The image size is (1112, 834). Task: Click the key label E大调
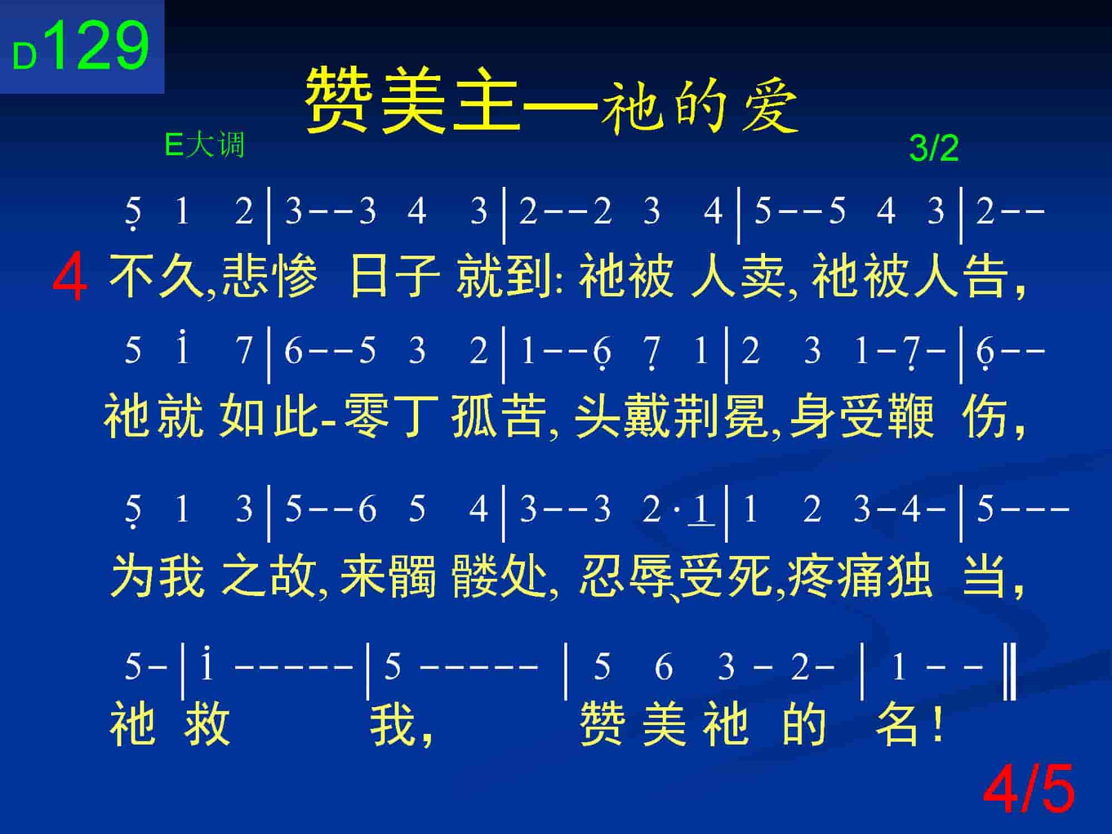tap(205, 146)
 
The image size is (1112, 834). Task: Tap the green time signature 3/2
tap(934, 148)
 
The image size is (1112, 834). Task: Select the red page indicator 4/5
tap(1029, 789)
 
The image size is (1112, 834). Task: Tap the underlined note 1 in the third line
tap(701, 509)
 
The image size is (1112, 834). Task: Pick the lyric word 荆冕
tap(721, 418)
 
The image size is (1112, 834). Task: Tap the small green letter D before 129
tap(24, 57)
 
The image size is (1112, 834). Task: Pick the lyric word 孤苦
tap(498, 418)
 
